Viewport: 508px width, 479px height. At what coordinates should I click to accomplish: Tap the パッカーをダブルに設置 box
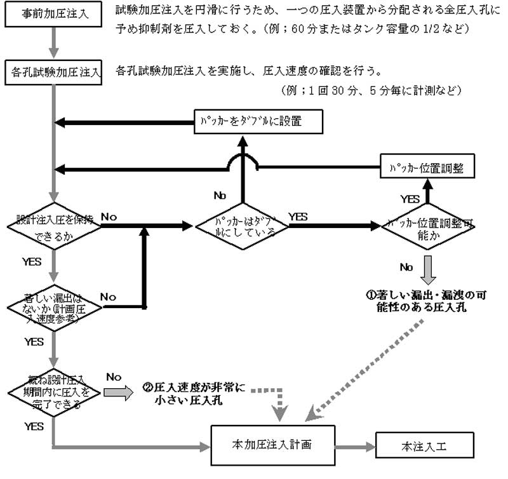tap(259, 121)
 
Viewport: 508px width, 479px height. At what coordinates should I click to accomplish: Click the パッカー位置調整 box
tap(427, 168)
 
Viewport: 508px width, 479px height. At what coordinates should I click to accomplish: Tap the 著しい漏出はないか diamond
tap(55, 308)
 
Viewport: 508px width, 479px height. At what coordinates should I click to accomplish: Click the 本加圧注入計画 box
tap(272, 445)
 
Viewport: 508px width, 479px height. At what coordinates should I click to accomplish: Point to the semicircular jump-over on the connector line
tap(243, 164)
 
